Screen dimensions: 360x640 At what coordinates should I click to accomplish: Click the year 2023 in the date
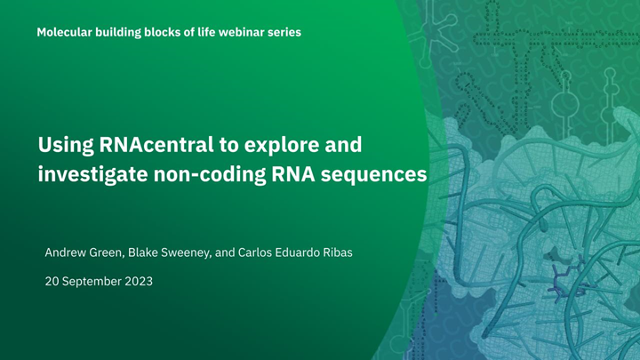tap(137, 281)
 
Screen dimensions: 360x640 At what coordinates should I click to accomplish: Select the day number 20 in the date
tap(52, 281)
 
